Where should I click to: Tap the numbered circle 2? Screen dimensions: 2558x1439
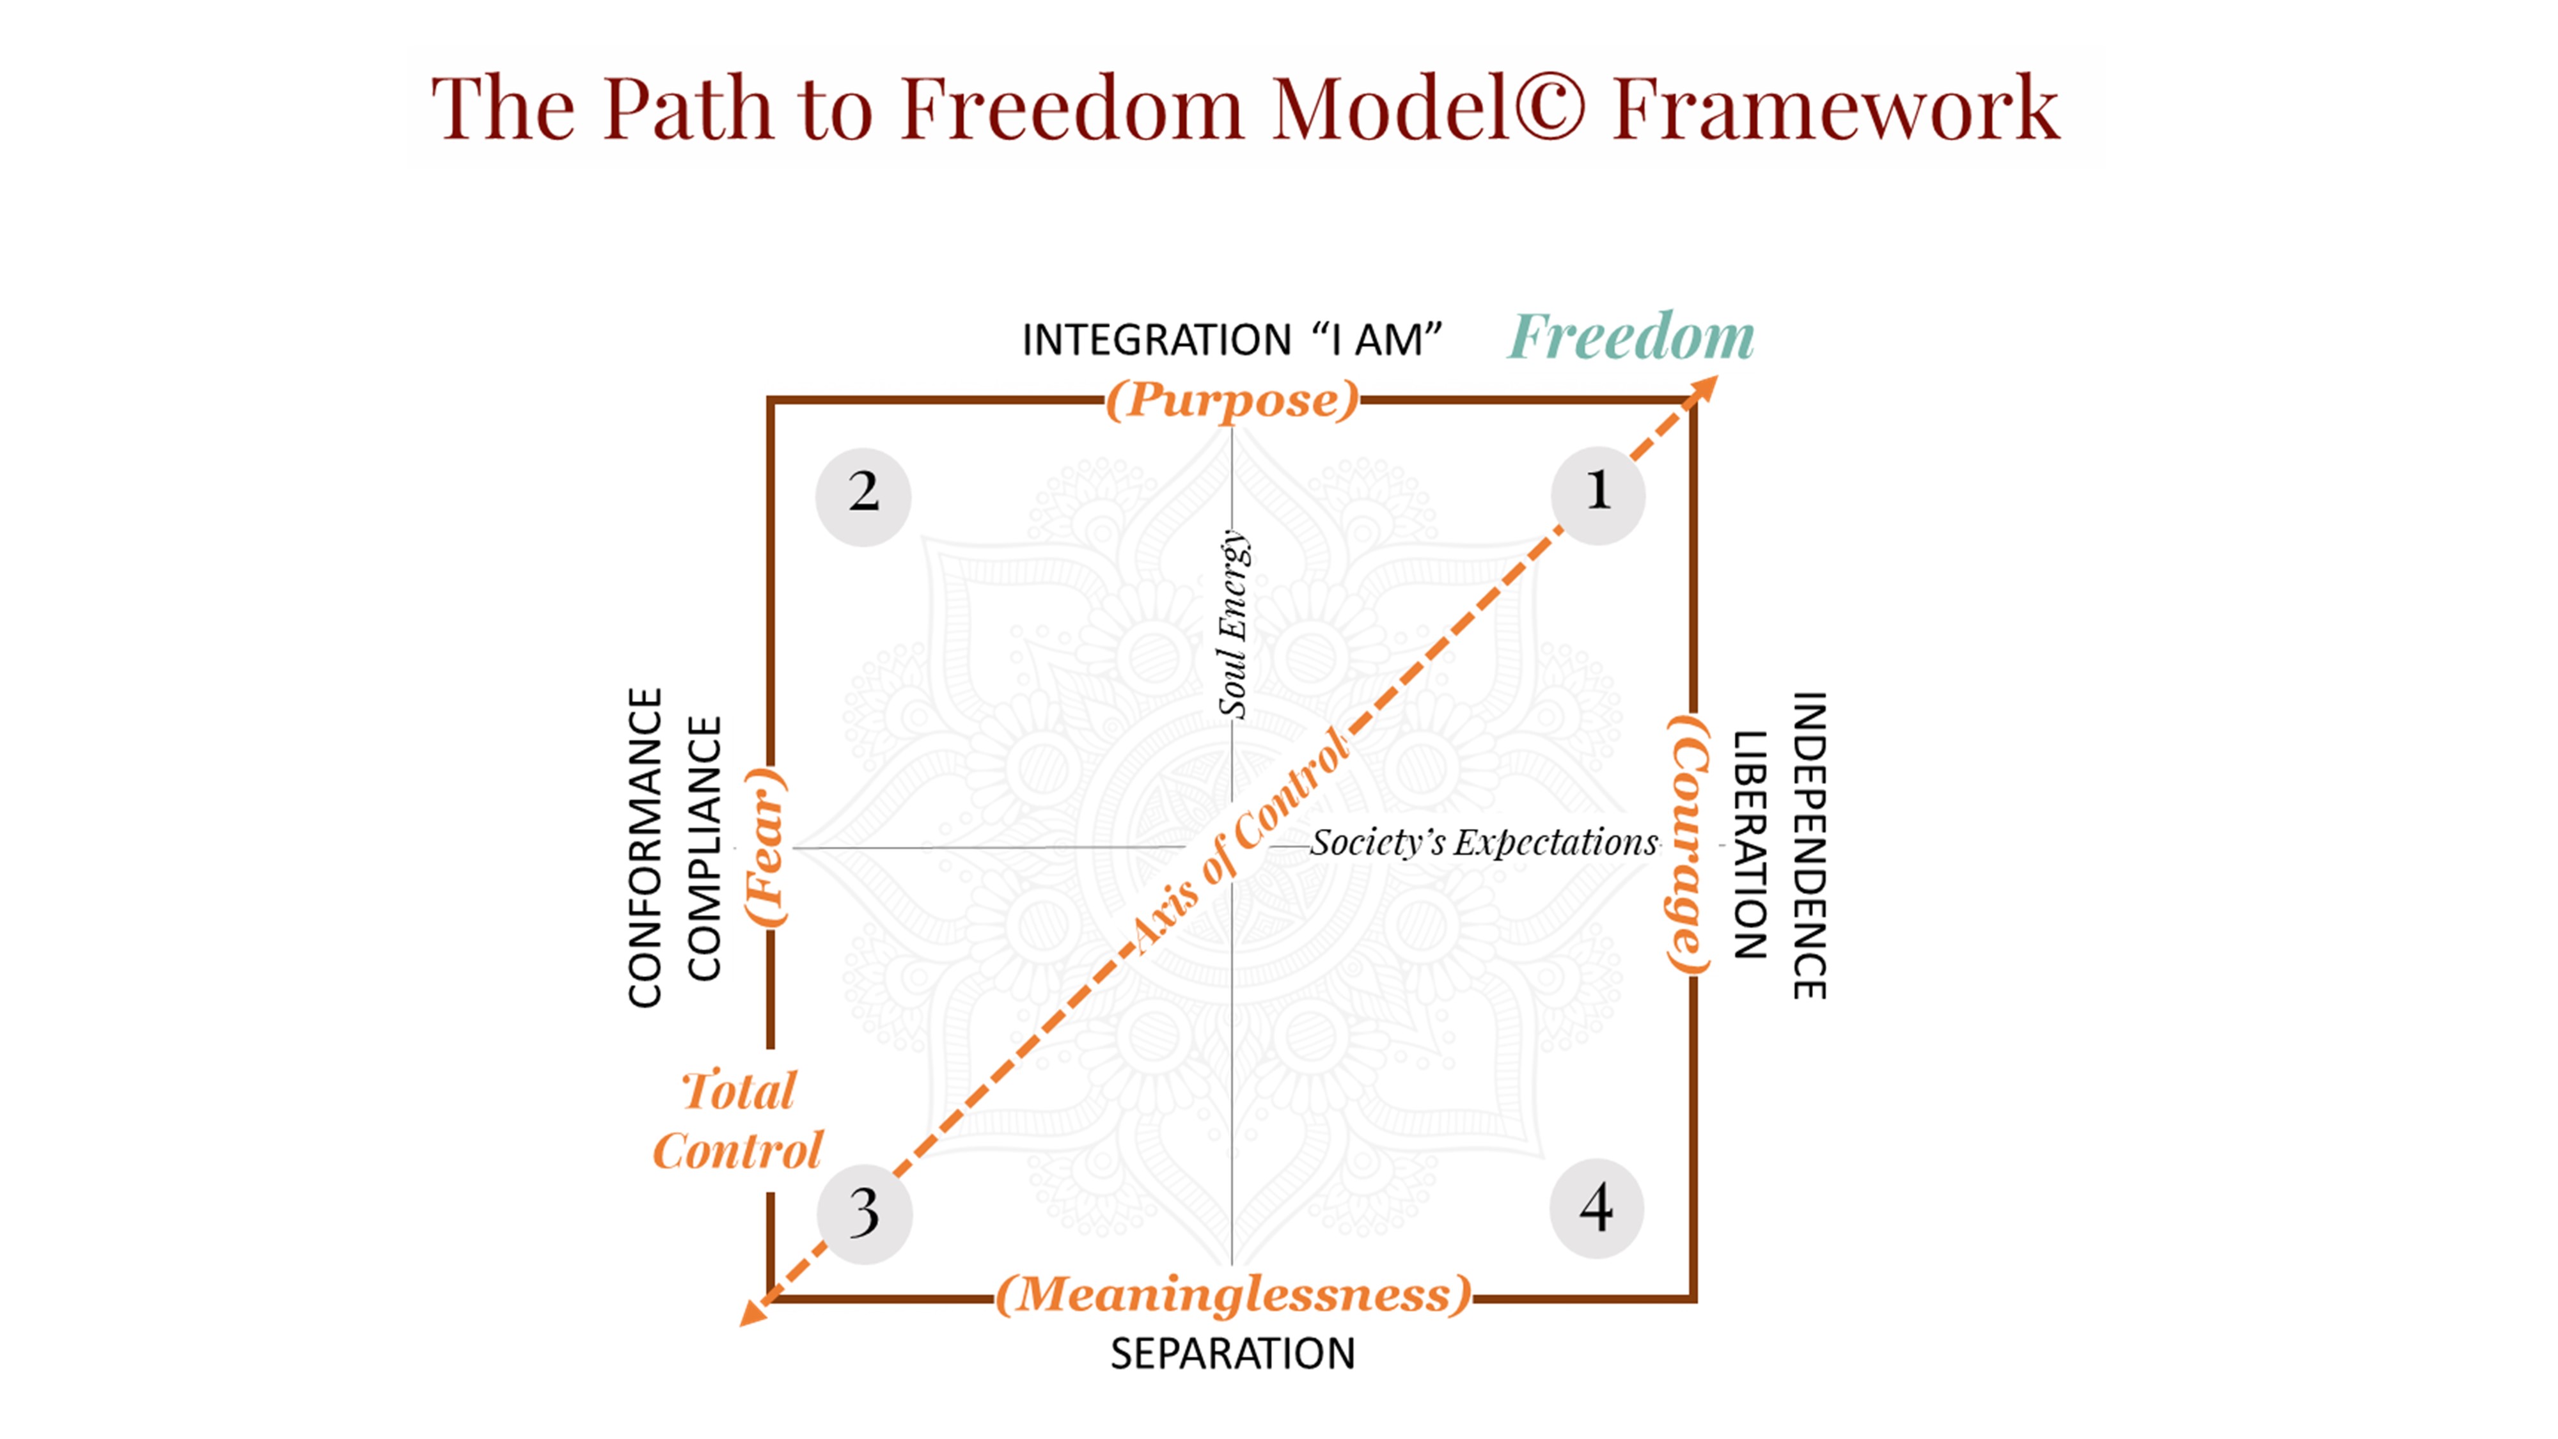pyautogui.click(x=863, y=496)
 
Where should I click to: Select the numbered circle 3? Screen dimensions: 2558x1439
pyautogui.click(x=864, y=1215)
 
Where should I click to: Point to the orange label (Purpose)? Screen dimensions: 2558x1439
pyautogui.click(x=1232, y=401)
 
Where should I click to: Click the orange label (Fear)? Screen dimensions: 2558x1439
pyautogui.click(x=767, y=847)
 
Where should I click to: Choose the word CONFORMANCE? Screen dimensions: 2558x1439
pyautogui.click(x=645, y=848)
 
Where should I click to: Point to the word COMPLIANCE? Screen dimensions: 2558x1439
pyautogui.click(x=704, y=849)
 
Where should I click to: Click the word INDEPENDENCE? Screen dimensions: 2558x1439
pyautogui.click(x=1809, y=845)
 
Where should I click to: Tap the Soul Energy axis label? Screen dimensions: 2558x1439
pyautogui.click(x=1234, y=624)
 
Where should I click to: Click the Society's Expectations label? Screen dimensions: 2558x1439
pyautogui.click(x=1484, y=843)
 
